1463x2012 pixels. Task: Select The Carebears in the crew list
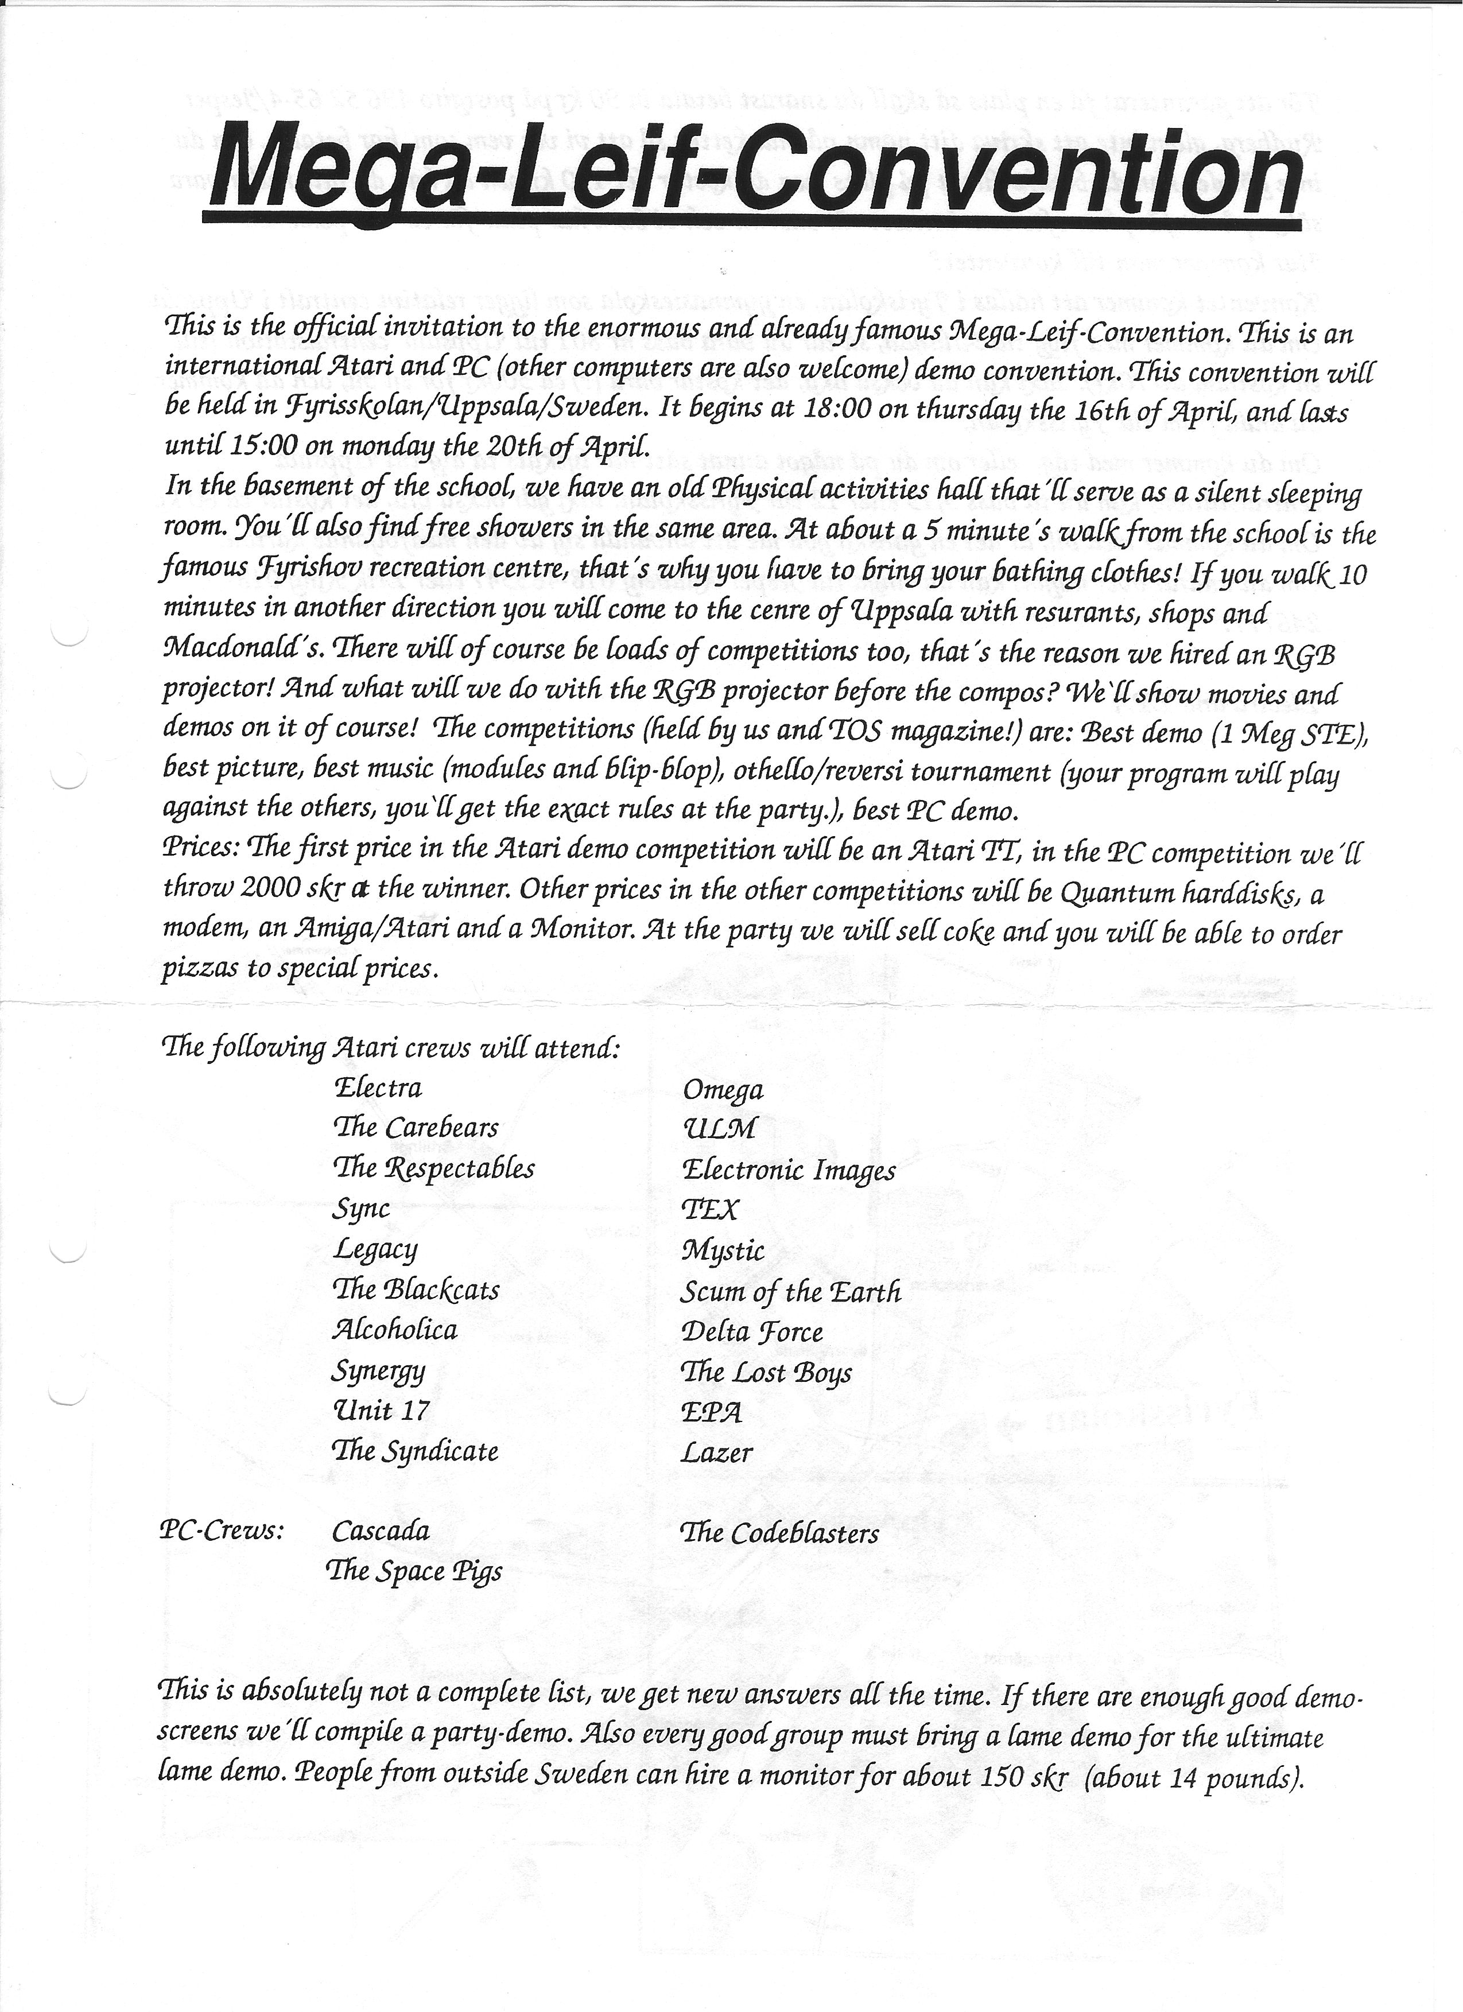tap(415, 1128)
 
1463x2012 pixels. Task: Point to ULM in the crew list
tap(718, 1129)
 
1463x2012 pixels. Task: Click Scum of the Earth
tap(790, 1292)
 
